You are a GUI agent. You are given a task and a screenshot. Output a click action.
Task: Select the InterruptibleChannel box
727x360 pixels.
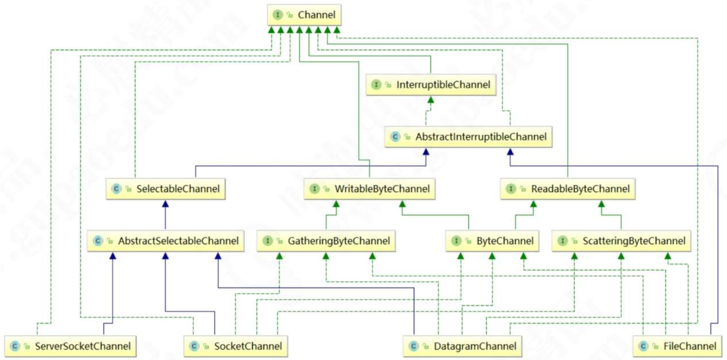[x=431, y=85]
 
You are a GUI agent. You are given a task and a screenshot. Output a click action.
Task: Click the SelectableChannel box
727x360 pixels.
[x=166, y=189]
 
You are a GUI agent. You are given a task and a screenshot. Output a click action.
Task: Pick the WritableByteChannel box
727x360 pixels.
[x=369, y=189]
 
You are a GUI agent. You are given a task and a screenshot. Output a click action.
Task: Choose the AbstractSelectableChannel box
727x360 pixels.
[x=166, y=241]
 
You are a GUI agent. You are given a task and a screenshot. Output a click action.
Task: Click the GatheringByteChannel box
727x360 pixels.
[x=326, y=241]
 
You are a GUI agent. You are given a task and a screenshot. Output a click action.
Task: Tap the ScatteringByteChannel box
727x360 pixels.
[x=621, y=241]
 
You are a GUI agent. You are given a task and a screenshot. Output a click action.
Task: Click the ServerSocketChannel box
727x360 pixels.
[x=70, y=346]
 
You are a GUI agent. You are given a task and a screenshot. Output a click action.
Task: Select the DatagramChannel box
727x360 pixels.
[x=462, y=346]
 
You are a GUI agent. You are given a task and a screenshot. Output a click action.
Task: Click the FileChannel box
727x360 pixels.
[x=678, y=346]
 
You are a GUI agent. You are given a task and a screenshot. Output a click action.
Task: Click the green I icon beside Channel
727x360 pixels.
[x=278, y=15]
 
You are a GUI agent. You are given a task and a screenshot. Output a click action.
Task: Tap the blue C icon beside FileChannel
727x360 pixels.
[x=644, y=346]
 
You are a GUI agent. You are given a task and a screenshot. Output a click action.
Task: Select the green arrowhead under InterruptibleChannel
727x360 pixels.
[x=431, y=99]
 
